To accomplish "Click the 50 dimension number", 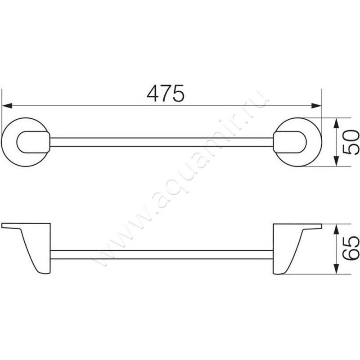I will [x=350, y=142].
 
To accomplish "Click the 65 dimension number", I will [x=350, y=248].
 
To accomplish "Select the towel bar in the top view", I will [x=162, y=142].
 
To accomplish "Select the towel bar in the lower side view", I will [x=162, y=254].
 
